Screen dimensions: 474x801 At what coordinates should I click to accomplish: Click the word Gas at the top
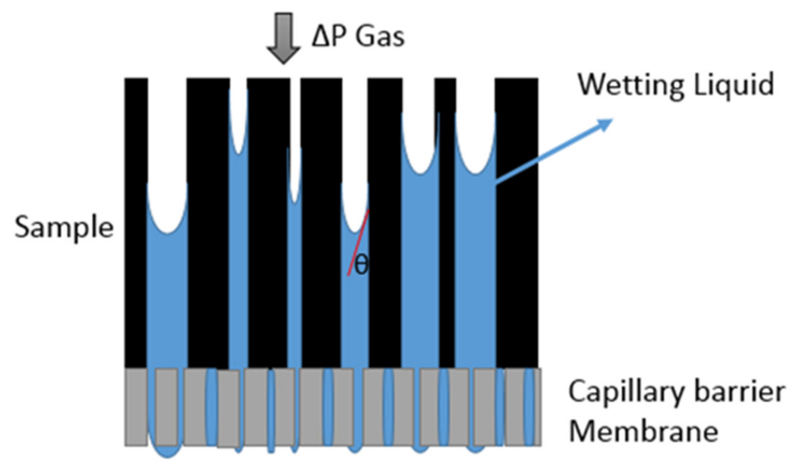coord(380,38)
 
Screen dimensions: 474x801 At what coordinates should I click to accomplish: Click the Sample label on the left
coord(64,227)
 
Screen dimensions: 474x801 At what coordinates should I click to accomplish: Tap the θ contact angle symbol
coord(361,266)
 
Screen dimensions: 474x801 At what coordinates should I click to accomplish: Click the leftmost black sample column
coord(136,216)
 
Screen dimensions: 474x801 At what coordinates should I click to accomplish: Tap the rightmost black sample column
coord(517,216)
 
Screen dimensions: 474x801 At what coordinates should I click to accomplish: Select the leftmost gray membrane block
coord(136,407)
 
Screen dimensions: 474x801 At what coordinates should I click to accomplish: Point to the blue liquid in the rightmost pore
coord(476,271)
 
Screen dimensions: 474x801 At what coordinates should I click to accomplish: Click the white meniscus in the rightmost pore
coord(476,144)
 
